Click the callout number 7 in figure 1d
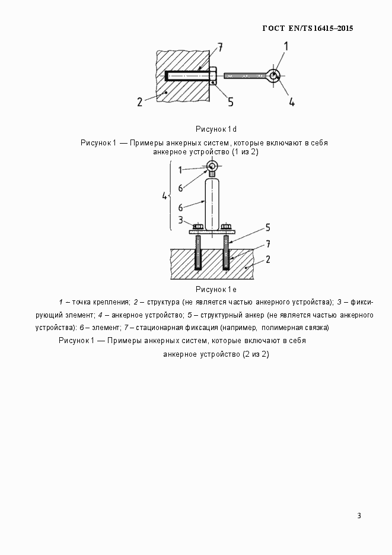tap(219, 47)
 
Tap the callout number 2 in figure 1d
tap(140, 102)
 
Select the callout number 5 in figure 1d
tap(230, 102)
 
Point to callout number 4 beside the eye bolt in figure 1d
tap(292, 102)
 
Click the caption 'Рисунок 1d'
tap(216, 129)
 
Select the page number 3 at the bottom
tap(359, 515)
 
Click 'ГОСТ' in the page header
tap(273, 28)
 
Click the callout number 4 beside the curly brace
tap(165, 195)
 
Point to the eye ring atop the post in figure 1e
tap(213, 167)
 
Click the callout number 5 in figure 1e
tap(268, 227)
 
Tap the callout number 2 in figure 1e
tap(268, 259)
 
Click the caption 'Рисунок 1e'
tap(216, 290)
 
